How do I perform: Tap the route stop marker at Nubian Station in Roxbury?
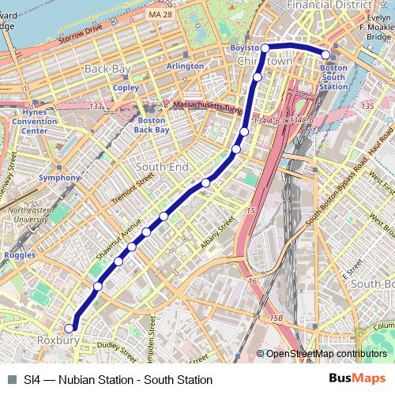click(70, 328)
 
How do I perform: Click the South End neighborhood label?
click(162, 167)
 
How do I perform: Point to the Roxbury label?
click(58, 340)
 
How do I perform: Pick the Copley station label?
click(126, 88)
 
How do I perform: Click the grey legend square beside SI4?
click(11, 380)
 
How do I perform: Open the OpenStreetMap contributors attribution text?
click(325, 355)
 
